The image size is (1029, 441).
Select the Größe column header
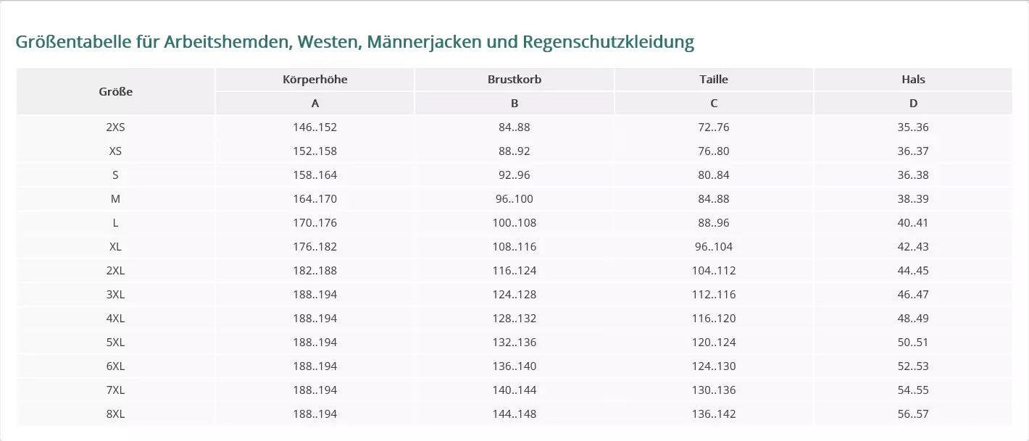[116, 91]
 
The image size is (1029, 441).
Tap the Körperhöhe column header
[315, 80]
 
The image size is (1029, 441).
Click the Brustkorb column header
[514, 80]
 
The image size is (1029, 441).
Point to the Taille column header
[714, 80]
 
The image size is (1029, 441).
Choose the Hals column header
[913, 80]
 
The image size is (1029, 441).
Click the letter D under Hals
[913, 104]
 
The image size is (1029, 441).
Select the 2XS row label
[116, 127]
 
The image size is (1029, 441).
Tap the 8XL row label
[116, 414]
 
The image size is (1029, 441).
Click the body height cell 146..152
[315, 127]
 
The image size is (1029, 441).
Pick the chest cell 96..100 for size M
[514, 199]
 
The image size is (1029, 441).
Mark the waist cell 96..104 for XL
[714, 247]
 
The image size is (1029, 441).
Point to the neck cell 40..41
[913, 223]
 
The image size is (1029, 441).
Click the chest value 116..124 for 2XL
[514, 271]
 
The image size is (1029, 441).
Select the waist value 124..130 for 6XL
[714, 366]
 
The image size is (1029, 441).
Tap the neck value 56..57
[913, 414]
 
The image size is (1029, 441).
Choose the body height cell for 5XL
[315, 343]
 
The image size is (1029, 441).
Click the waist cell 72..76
[714, 127]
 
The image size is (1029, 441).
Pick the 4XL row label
[116, 319]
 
